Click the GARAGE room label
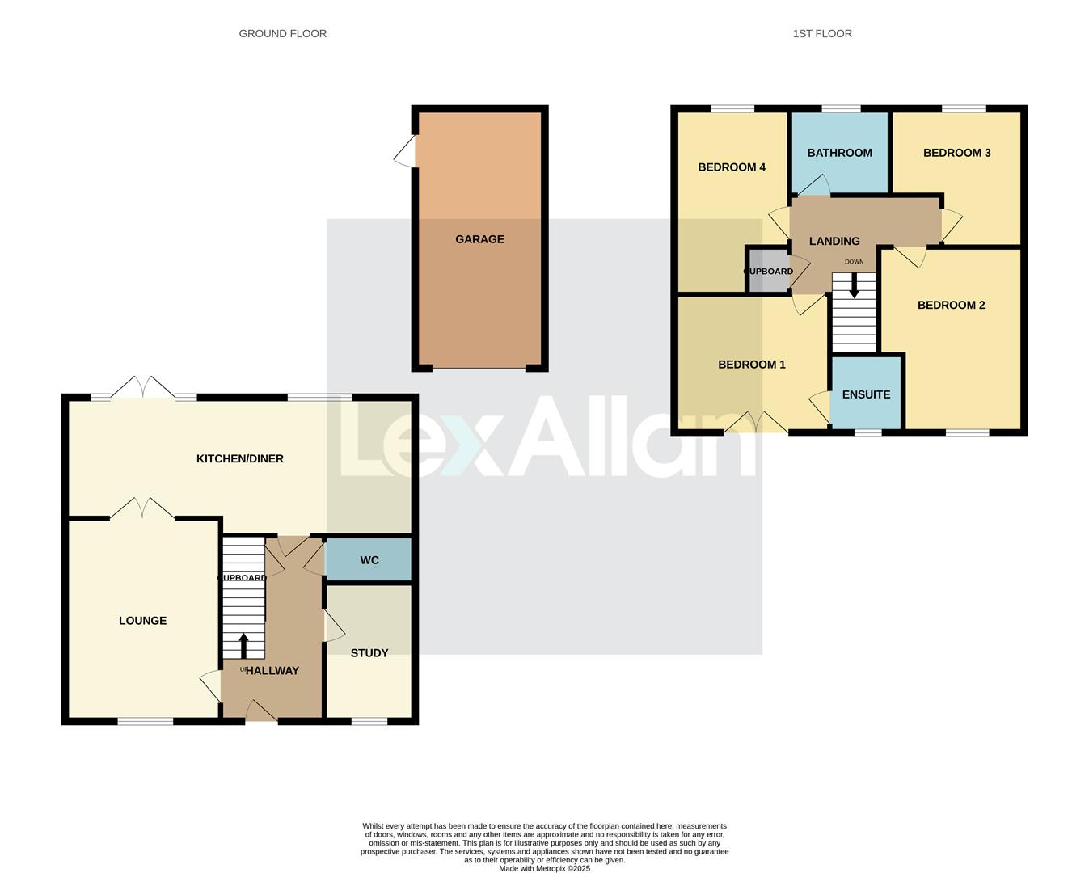tap(479, 239)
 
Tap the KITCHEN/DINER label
tap(240, 459)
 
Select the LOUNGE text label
tap(142, 621)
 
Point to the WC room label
tap(369, 560)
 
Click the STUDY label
tap(369, 653)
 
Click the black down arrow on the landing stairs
tap(854, 285)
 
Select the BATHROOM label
tap(839, 153)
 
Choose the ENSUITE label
tap(866, 394)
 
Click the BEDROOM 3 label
tap(956, 153)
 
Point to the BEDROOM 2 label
tap(951, 306)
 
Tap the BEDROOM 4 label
tap(732, 167)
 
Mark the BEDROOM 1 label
tap(752, 365)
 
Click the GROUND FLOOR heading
tap(283, 34)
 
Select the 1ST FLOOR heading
tap(822, 34)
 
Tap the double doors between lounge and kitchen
tap(142, 508)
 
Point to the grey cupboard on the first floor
tap(766, 272)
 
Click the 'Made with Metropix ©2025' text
tap(544, 869)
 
